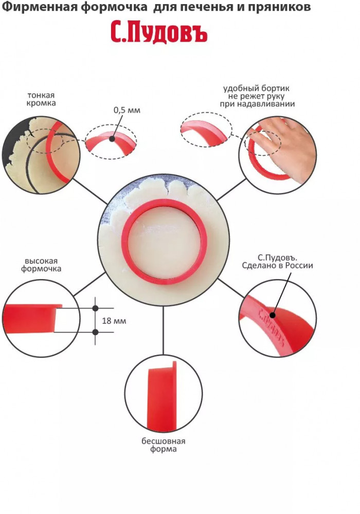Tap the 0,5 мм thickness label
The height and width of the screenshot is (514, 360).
click(127, 110)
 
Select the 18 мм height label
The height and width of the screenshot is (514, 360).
click(114, 321)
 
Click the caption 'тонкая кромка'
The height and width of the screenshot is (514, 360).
click(41, 99)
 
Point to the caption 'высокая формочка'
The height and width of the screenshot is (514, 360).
click(41, 265)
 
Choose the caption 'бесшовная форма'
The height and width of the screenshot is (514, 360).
click(163, 445)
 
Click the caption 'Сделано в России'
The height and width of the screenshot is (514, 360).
click(277, 265)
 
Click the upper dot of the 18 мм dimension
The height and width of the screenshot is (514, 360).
click(96, 308)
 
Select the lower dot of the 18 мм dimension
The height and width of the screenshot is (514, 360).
click(96, 332)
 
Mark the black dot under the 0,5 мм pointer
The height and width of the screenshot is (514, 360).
click(112, 139)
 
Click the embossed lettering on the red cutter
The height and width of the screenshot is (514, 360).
click(271, 327)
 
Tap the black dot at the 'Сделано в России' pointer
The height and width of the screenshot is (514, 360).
click(273, 315)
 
